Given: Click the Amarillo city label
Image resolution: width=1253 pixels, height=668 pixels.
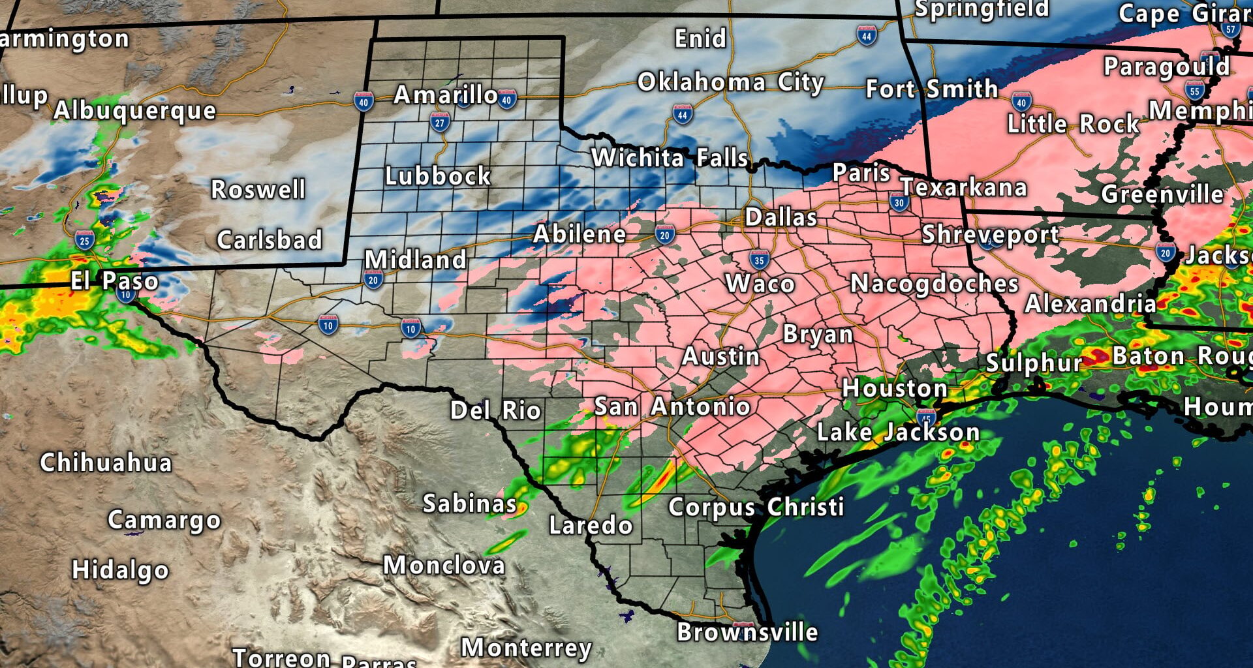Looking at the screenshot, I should point(446,95).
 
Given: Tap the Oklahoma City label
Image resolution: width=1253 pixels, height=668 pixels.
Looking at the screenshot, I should point(731,83).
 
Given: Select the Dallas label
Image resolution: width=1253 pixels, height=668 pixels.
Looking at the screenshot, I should point(781,217).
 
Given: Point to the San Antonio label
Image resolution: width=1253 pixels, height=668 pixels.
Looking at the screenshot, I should point(672,406).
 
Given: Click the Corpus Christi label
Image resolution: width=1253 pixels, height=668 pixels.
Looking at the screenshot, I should point(756,507).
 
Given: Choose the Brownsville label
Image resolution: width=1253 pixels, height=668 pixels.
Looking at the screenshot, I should point(747,631).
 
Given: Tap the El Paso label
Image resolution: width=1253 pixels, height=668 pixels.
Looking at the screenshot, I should point(114,281).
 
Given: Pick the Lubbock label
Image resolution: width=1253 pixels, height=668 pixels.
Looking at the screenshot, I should point(438,176).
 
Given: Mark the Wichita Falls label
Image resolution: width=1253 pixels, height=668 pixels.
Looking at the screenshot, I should point(670,158).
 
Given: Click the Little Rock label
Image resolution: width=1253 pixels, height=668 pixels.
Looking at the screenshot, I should point(1073,124).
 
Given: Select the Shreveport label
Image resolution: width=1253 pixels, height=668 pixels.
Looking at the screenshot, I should point(990,234).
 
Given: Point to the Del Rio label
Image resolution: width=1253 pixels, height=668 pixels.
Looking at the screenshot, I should point(495,410).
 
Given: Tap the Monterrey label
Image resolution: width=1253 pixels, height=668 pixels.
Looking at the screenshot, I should point(526,648).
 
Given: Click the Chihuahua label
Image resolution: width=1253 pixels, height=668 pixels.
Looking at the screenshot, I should point(106,463).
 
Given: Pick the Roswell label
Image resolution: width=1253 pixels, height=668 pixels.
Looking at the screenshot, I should point(258,190).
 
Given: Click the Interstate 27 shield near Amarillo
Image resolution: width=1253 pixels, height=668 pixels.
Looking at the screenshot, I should point(440,122).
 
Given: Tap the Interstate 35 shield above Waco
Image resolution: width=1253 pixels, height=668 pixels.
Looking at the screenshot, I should point(758,260).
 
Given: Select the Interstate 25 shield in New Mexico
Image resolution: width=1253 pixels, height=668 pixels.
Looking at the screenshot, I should point(84,240).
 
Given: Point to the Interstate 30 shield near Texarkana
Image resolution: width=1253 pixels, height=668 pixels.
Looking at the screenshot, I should point(899,202).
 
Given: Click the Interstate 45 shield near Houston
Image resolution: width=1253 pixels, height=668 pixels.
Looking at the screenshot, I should point(926,417).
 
